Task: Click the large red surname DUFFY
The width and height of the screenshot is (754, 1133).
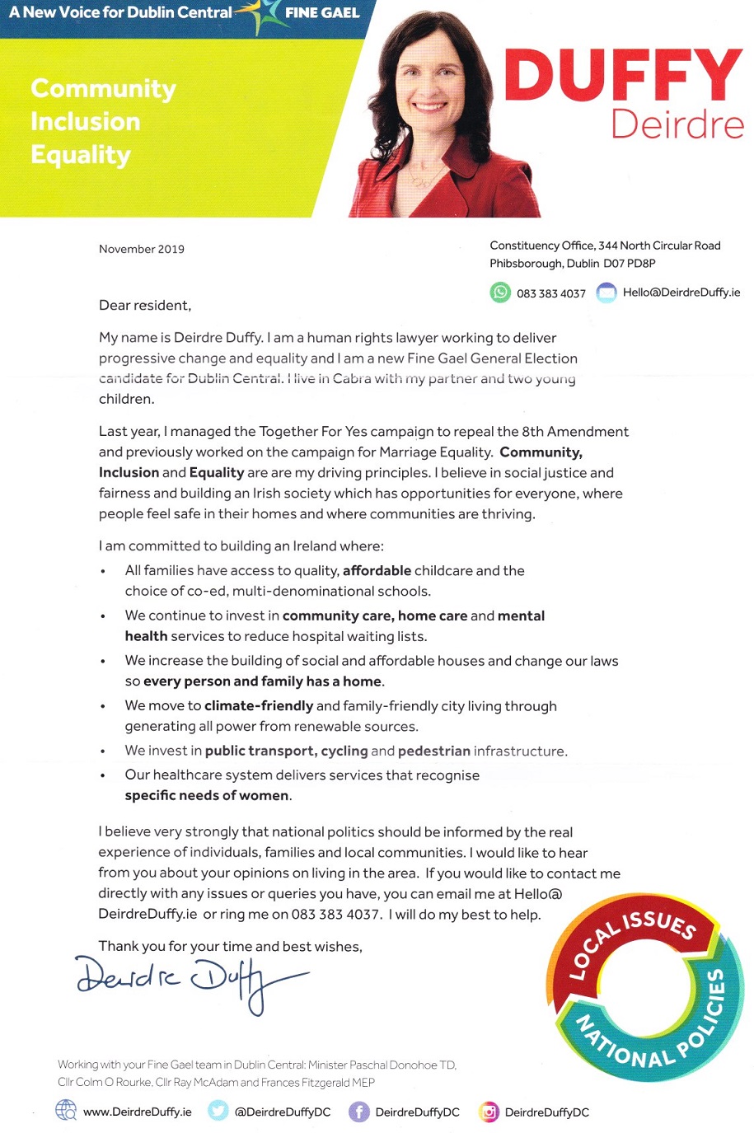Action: [623, 76]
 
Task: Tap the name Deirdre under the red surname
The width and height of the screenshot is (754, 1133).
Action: [677, 124]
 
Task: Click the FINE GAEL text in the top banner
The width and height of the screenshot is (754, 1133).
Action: [322, 13]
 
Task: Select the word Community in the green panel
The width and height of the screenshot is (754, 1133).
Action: [103, 88]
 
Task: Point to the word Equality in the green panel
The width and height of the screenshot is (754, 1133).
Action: [81, 155]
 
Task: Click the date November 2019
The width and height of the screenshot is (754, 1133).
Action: [142, 249]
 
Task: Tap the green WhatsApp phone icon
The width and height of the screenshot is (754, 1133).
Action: [500, 293]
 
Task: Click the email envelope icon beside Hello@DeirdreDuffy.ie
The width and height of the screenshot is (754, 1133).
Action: [606, 293]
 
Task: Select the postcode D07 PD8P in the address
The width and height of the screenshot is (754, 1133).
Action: [630, 264]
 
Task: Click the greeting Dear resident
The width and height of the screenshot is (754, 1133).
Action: [145, 306]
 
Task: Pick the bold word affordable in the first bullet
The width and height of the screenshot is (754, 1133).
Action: [377, 570]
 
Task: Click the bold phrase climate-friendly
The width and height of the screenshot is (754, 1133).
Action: [259, 705]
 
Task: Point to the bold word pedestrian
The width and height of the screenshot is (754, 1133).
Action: [434, 751]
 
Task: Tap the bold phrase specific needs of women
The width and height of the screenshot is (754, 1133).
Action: [207, 795]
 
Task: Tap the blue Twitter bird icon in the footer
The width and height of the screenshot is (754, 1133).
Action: [218, 1111]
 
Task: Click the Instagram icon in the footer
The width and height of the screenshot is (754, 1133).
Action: [489, 1112]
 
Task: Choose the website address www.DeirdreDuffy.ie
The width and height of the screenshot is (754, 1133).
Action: [137, 1112]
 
